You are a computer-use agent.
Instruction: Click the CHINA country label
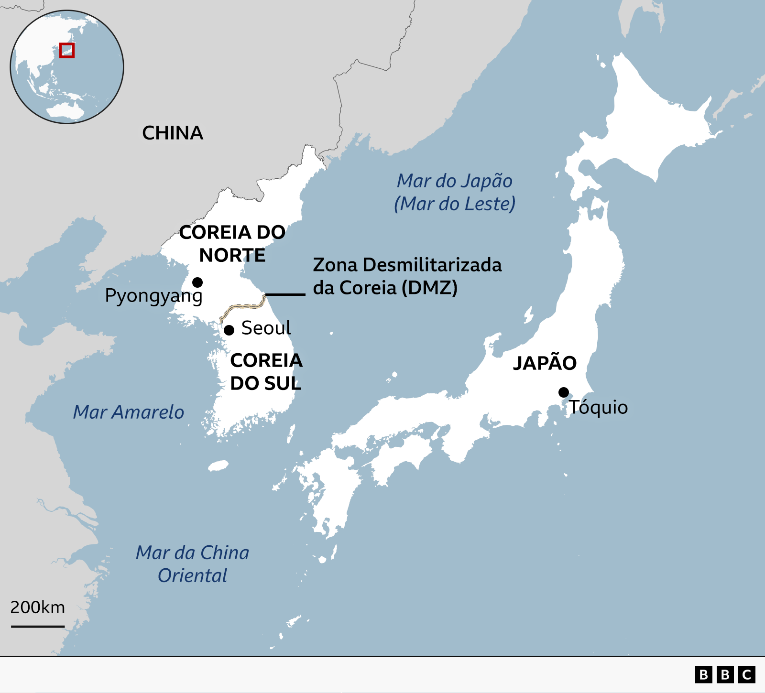[173, 133]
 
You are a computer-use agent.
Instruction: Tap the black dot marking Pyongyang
[197, 282]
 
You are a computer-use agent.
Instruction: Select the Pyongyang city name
[153, 296]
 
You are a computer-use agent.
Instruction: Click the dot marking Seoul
[229, 330]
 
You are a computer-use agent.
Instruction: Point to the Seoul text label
[266, 328]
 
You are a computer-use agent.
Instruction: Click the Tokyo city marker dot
[564, 392]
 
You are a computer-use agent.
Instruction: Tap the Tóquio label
[598, 407]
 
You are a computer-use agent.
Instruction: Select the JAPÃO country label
[545, 363]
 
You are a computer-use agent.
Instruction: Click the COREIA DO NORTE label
[232, 244]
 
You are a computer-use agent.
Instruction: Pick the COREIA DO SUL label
[266, 372]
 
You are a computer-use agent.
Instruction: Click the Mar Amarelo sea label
[128, 412]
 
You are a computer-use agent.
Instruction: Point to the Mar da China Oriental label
[192, 564]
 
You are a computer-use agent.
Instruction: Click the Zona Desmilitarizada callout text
[407, 276]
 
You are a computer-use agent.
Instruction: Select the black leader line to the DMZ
[285, 294]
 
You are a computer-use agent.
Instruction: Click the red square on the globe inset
[67, 50]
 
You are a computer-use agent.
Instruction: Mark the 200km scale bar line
[38, 626]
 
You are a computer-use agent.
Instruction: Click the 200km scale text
[38, 607]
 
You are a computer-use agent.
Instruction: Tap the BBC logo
[725, 674]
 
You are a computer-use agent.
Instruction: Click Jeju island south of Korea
[219, 466]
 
